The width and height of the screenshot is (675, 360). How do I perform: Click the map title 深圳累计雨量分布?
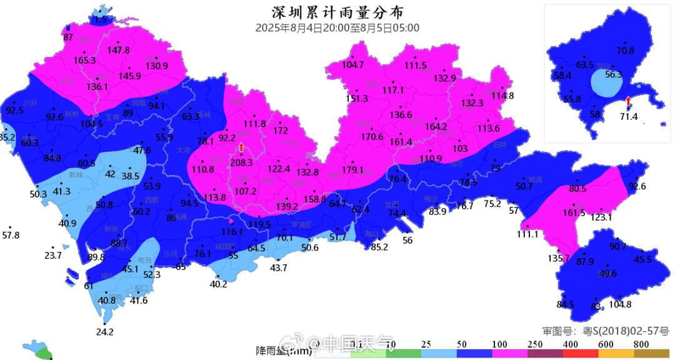pyautogui.click(x=337, y=12)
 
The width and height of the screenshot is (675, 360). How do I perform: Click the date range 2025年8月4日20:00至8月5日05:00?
pyautogui.click(x=337, y=27)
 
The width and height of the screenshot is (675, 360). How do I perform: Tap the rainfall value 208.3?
pyautogui.click(x=241, y=162)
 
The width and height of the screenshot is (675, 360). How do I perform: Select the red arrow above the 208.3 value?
pyautogui.click(x=241, y=147)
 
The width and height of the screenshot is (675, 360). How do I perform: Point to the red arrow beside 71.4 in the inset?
pyautogui.click(x=628, y=101)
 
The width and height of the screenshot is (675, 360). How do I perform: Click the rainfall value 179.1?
pyautogui.click(x=352, y=169)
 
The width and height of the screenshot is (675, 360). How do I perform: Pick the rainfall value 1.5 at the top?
pyautogui.click(x=101, y=20)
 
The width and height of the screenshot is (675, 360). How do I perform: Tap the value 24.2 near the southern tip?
pyautogui.click(x=105, y=331)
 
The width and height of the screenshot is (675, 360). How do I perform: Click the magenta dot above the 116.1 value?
pyautogui.click(x=232, y=221)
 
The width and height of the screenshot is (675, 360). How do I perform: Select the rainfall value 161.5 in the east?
pyautogui.click(x=574, y=212)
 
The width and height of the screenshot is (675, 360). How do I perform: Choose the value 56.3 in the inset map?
pyautogui.click(x=614, y=74)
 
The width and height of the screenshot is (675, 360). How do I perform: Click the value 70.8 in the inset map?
pyautogui.click(x=625, y=51)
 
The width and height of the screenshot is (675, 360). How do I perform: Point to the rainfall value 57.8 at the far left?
pyautogui.click(x=11, y=236)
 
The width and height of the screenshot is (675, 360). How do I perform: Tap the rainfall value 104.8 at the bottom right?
pyautogui.click(x=620, y=304)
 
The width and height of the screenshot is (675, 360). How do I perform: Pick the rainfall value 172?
pyautogui.click(x=281, y=131)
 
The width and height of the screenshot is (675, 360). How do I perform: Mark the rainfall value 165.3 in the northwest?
pyautogui.click(x=84, y=61)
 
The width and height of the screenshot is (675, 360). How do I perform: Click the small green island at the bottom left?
pyautogui.click(x=42, y=352)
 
